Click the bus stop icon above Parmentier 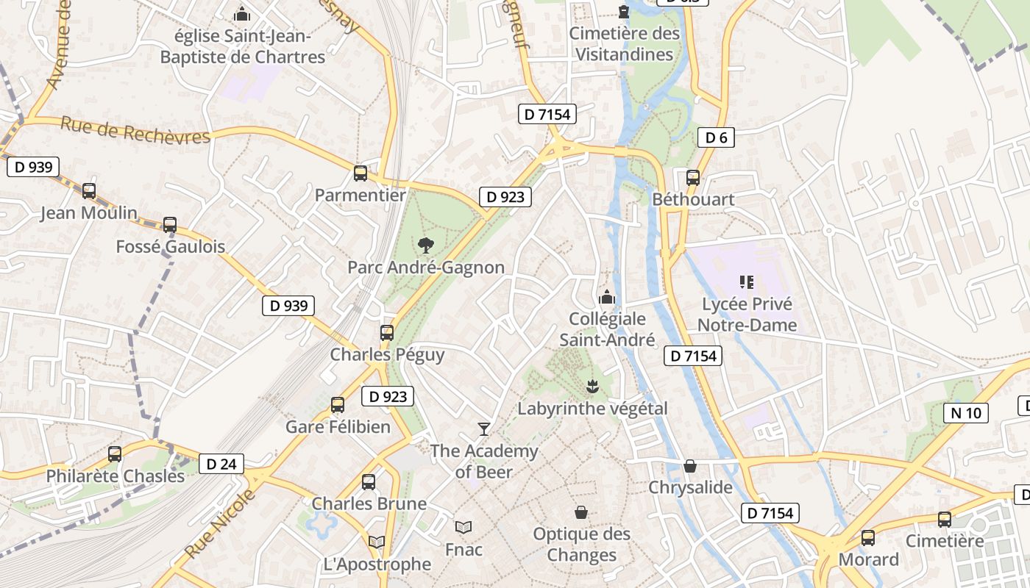pos(360,173)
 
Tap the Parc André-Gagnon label pos(426,268)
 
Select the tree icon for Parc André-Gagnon pos(425,245)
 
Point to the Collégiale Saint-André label pos(607,329)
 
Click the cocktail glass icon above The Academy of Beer pos(483,429)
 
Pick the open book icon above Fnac pos(463,527)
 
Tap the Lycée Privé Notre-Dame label pos(747,315)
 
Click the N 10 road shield pos(965,413)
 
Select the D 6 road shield pos(715,137)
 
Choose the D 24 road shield pos(221,464)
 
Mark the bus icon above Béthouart pos(692,177)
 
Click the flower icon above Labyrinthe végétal pos(592,385)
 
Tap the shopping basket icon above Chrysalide pos(690,466)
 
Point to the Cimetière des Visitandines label pos(624,44)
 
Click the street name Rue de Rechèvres pos(135,130)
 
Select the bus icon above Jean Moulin pos(88,191)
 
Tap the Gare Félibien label pos(338,427)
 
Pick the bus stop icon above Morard pos(868,537)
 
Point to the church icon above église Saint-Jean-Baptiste pos(241,14)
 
